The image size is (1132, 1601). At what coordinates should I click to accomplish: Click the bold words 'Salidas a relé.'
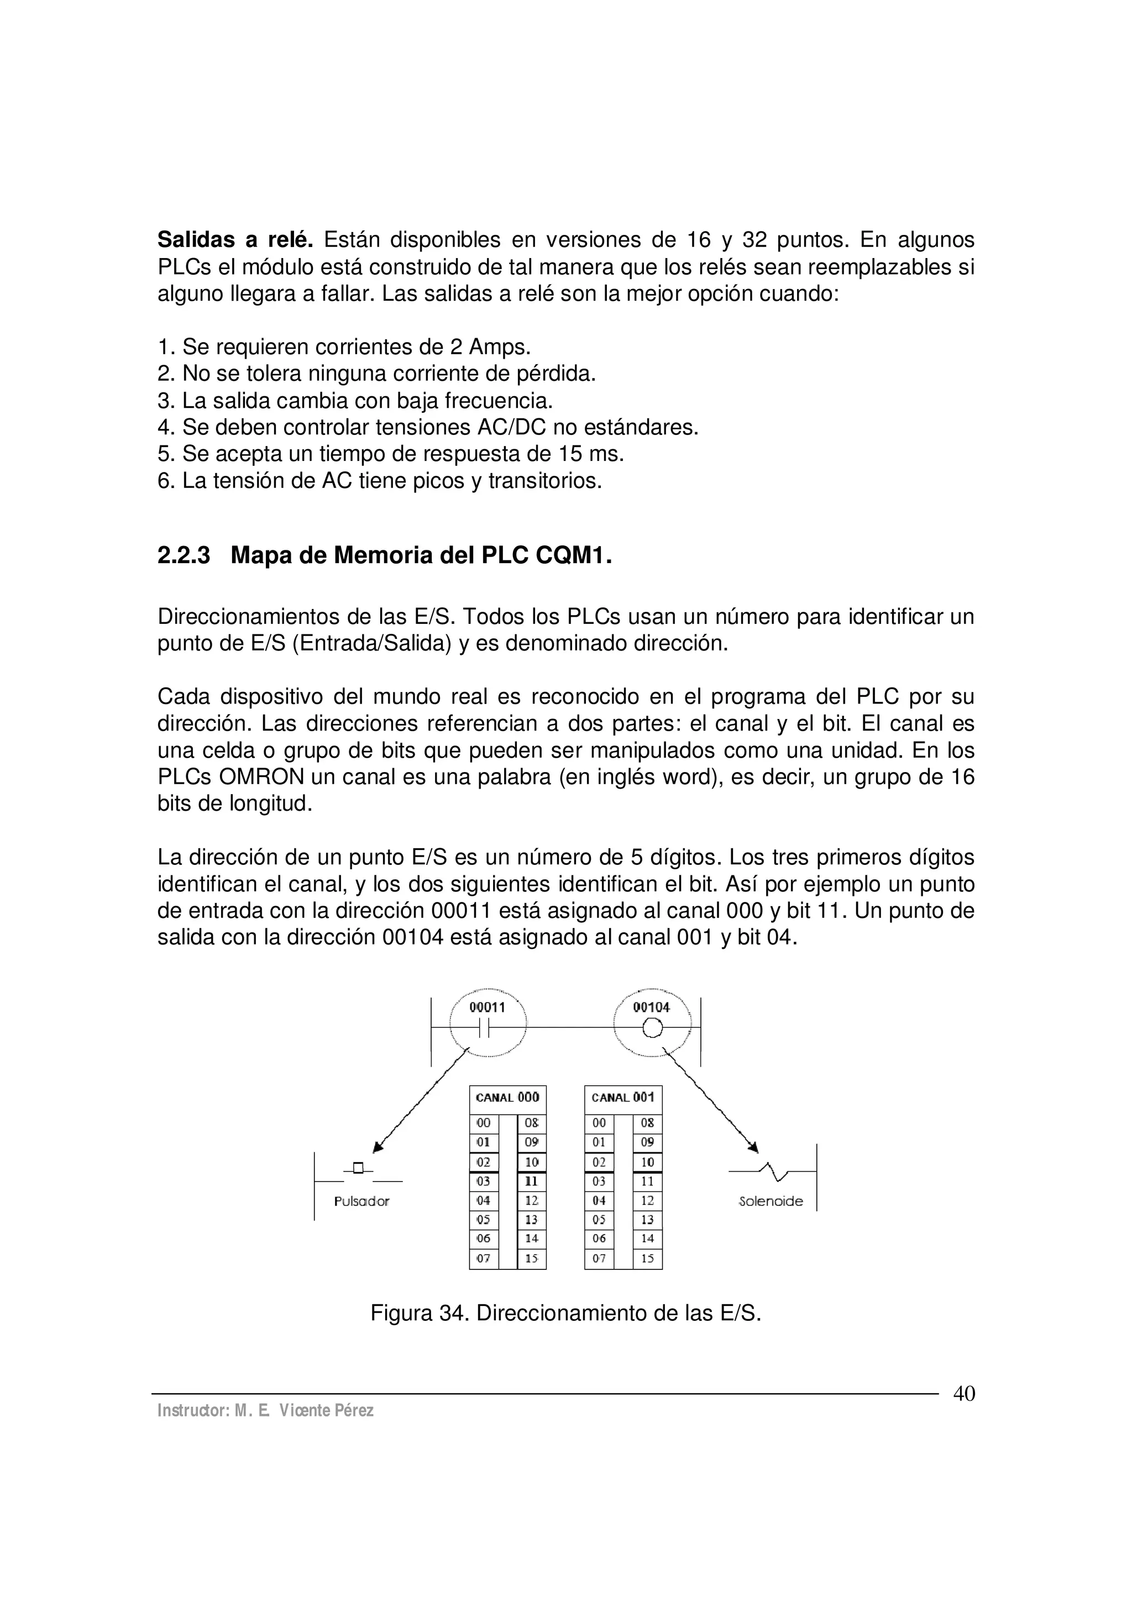(x=235, y=240)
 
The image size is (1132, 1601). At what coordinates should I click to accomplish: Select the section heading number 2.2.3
(x=184, y=556)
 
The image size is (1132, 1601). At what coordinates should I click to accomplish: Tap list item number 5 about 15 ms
(x=391, y=454)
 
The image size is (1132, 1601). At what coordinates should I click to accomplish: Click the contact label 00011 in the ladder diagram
(x=487, y=1007)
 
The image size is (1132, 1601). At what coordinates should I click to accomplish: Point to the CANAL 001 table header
(x=623, y=1098)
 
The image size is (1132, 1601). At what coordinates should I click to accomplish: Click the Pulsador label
(x=361, y=1201)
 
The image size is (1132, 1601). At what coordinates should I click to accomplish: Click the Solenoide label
(x=771, y=1201)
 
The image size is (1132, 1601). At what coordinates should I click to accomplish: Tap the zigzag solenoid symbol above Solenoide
(x=773, y=1172)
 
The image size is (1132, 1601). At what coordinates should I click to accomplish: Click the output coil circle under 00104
(x=652, y=1028)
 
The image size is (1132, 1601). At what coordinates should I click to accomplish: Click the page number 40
(x=964, y=1394)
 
